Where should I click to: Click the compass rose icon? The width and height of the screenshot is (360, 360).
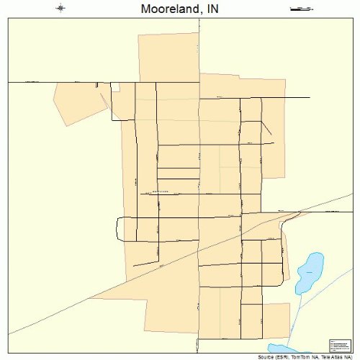pos(61,9)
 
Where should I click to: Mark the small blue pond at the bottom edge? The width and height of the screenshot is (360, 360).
pos(295,348)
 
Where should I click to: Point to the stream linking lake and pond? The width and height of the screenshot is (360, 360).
pos(293,317)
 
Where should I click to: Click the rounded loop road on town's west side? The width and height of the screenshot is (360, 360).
pos(119,228)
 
